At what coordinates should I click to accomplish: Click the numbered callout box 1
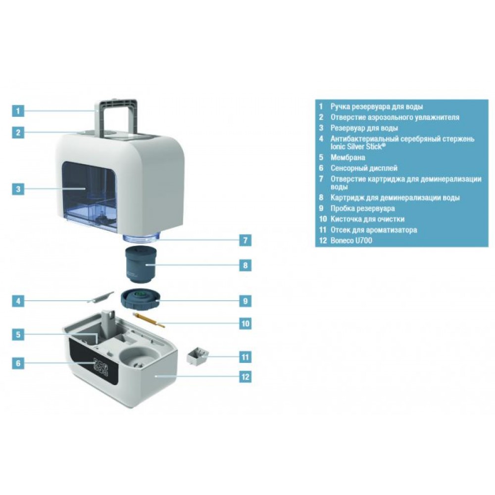pyautogui.click(x=18, y=111)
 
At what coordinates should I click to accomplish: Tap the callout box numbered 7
pyautogui.click(x=246, y=240)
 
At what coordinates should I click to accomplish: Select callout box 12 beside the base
pyautogui.click(x=246, y=377)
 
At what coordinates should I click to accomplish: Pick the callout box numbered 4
pyautogui.click(x=18, y=301)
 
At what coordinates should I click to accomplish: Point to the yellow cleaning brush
pyautogui.click(x=149, y=319)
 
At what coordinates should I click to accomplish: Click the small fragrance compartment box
pyautogui.click(x=198, y=356)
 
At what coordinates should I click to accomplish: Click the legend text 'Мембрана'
pyautogui.click(x=347, y=157)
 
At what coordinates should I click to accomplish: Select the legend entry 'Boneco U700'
pyautogui.click(x=351, y=240)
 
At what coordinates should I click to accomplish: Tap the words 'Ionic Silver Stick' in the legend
pyautogui.click(x=358, y=146)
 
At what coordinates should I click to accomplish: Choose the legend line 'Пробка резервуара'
pyautogui.click(x=362, y=208)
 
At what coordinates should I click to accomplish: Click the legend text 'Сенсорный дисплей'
pyautogui.click(x=364, y=168)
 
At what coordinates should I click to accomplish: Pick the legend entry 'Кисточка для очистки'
pyautogui.click(x=367, y=219)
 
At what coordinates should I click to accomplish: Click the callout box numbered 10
pyautogui.click(x=246, y=324)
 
